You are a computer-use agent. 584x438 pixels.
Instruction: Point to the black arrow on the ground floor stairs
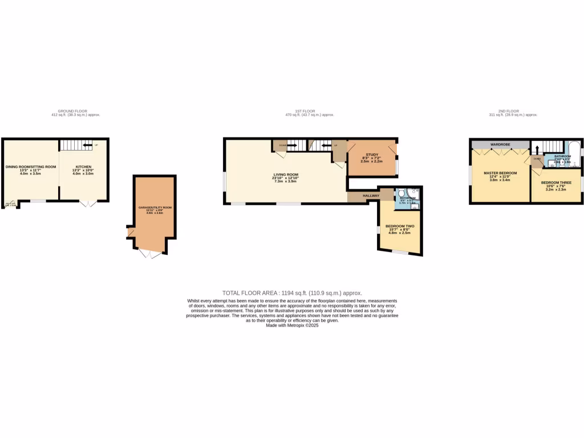(x=87, y=145)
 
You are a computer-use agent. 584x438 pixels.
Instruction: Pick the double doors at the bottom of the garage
(x=150, y=254)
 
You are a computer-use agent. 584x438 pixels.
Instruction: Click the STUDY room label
(x=372, y=154)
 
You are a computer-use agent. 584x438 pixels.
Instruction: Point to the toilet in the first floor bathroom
(x=403, y=193)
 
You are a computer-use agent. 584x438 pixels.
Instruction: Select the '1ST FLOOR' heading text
(x=309, y=111)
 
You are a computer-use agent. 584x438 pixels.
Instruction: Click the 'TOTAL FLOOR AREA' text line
(x=292, y=293)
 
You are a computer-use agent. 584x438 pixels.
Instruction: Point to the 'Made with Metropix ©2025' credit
(x=292, y=325)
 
